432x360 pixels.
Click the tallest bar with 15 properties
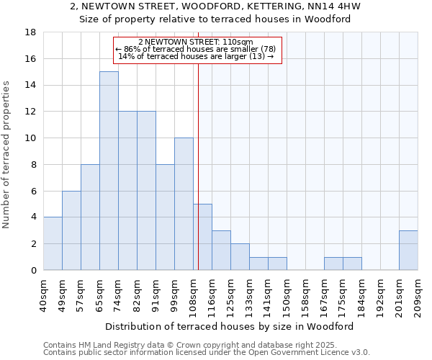pyautogui.click(x=109, y=171)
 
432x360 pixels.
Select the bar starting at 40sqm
pyautogui.click(x=53, y=243)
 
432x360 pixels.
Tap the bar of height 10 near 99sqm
pyautogui.click(x=184, y=204)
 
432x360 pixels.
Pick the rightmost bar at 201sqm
pyautogui.click(x=408, y=250)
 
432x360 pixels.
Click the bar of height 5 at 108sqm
pyautogui.click(x=202, y=237)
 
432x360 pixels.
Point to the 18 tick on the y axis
pyautogui.click(x=31, y=32)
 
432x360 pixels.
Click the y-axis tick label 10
pyautogui.click(x=31, y=138)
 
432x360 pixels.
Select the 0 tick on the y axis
pyautogui.click(x=34, y=271)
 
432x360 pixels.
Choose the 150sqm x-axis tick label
pyautogui.click(x=287, y=294)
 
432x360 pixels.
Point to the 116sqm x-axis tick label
pyautogui.click(x=212, y=294)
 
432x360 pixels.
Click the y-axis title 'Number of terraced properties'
pyautogui.click(x=7, y=155)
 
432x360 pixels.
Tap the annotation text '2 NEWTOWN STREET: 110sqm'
pyautogui.click(x=196, y=42)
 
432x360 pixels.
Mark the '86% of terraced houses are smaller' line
pyautogui.click(x=196, y=49)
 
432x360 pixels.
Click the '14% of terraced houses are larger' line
pyautogui.click(x=196, y=56)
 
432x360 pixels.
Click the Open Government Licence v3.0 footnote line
pyautogui.click(x=207, y=353)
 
